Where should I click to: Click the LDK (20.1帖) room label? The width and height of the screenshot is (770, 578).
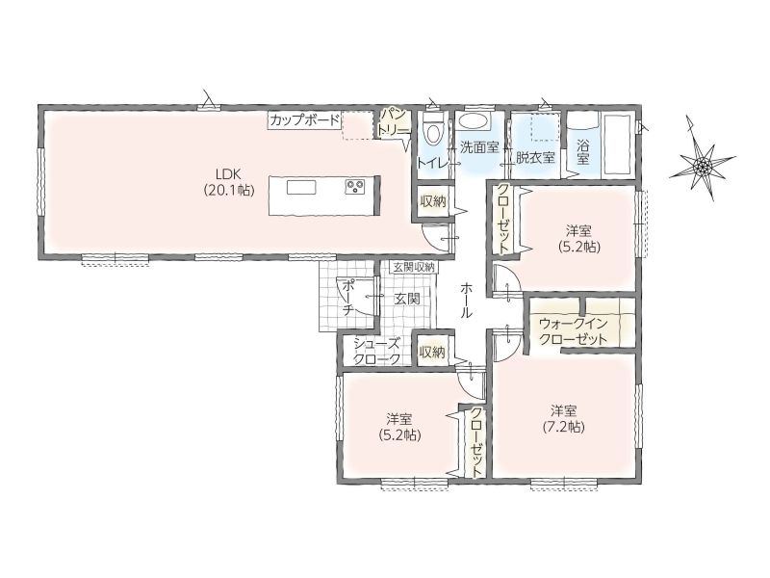click(x=229, y=182)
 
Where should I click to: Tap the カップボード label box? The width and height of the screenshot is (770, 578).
click(x=304, y=119)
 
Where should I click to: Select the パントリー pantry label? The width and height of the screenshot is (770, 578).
click(x=393, y=123)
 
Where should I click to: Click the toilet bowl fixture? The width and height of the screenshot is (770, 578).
click(x=432, y=130)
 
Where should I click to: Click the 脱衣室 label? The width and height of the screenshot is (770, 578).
click(x=535, y=157)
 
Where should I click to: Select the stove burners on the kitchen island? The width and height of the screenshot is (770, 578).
click(x=355, y=187)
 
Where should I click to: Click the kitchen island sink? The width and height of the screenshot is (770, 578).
click(x=301, y=188)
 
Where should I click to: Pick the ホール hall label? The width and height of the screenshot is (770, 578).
click(x=466, y=300)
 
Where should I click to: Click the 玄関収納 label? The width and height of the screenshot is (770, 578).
click(x=414, y=268)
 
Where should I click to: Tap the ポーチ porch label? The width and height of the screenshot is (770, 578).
click(x=347, y=297)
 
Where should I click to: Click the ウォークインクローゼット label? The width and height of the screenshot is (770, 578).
click(x=573, y=331)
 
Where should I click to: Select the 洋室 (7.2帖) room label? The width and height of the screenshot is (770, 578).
click(x=564, y=419)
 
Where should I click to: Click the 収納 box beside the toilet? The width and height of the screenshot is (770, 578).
click(x=432, y=201)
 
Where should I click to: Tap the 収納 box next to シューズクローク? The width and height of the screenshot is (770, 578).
click(x=432, y=352)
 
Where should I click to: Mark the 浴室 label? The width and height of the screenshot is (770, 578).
click(x=583, y=151)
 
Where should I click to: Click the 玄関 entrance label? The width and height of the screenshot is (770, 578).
click(x=407, y=299)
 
